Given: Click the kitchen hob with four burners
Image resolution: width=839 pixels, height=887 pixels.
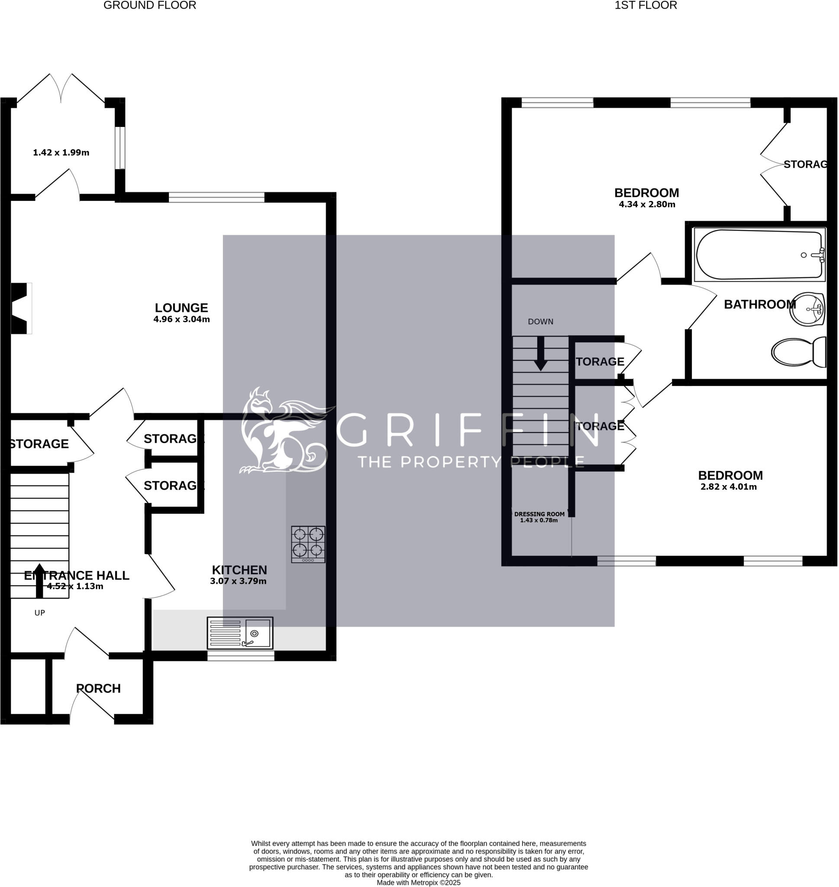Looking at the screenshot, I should [308, 544].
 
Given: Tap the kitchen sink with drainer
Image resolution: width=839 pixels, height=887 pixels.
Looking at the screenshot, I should [240, 632].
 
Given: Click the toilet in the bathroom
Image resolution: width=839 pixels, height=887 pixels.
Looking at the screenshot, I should [799, 352].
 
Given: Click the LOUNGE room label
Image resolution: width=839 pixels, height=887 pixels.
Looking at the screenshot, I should [181, 308].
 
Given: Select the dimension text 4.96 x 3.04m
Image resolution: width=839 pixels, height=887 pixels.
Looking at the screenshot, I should [181, 319].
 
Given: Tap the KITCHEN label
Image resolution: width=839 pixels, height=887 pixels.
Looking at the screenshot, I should [239, 570].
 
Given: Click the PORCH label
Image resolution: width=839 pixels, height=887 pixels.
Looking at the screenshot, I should [98, 688].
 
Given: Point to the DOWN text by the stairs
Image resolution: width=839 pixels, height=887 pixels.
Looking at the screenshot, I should [540, 322].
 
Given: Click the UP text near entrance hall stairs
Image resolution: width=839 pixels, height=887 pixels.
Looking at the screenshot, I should [40, 613].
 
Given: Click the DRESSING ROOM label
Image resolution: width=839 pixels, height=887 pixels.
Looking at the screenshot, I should [539, 514].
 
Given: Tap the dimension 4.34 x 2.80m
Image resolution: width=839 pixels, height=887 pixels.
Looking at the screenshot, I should [647, 205].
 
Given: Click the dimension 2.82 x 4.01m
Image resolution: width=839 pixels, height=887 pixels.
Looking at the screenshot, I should [728, 487].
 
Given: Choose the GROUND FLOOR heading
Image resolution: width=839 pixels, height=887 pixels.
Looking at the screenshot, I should [150, 5].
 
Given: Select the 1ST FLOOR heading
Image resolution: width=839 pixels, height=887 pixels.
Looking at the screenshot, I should [645, 5].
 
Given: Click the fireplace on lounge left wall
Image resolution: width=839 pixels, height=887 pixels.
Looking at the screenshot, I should [19, 308].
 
